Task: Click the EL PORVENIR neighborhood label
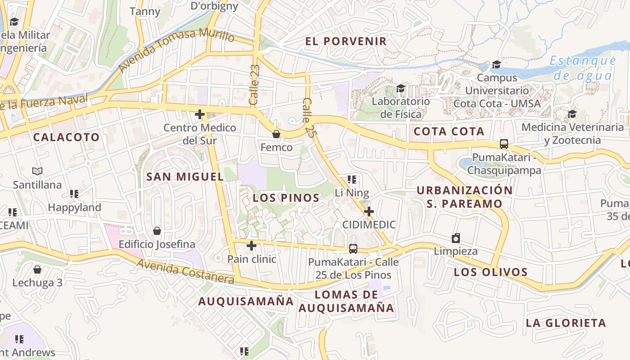[x=346, y=41]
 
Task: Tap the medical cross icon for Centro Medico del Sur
[x=200, y=115]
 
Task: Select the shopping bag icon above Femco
[x=276, y=134]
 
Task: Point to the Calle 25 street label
[x=308, y=117]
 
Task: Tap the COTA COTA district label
[x=449, y=131]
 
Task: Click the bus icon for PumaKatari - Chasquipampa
[x=504, y=144]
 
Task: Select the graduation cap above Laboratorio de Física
[x=400, y=88]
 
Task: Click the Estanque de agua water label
[x=582, y=67]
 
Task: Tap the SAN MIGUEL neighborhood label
[x=185, y=177]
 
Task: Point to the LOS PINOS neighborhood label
[x=286, y=198]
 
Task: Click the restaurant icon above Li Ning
[x=352, y=180]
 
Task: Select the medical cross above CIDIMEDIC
[x=369, y=211]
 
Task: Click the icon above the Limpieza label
[x=456, y=238]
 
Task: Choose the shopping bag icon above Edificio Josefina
[x=157, y=231]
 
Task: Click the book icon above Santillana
[x=37, y=171]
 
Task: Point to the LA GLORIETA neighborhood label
[x=566, y=323]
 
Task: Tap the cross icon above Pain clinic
[x=252, y=246]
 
